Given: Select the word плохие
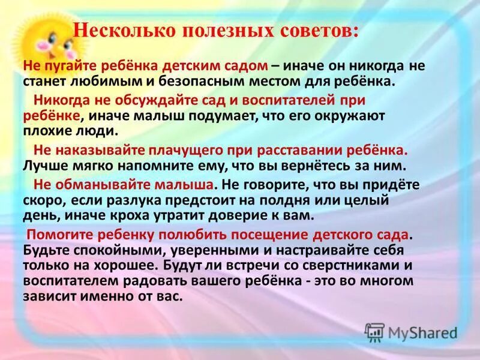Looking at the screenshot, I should pyautogui.click(x=48, y=129).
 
